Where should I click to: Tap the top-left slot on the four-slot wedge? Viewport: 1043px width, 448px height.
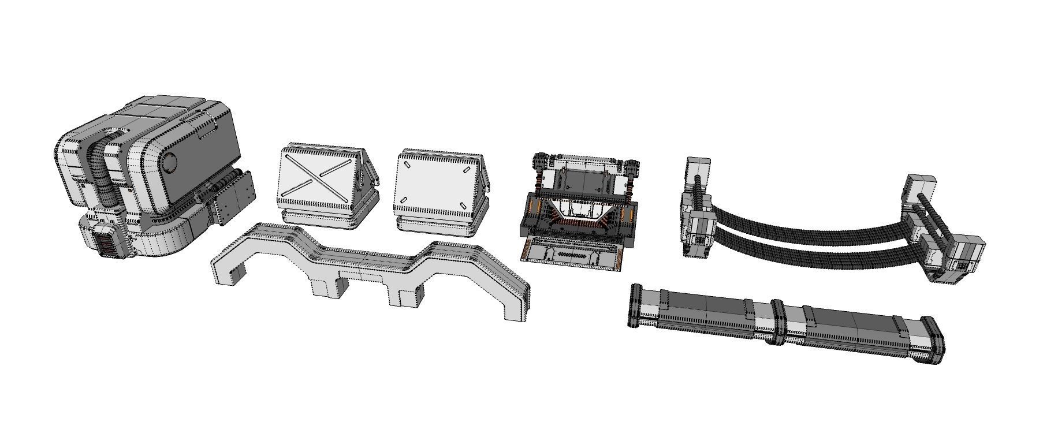408,165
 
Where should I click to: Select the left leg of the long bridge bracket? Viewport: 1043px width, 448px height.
226,271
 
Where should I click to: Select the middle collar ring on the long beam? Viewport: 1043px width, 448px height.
776,321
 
